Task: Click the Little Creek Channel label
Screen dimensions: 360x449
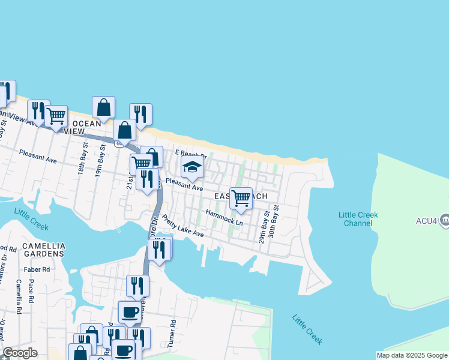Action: click(358, 219)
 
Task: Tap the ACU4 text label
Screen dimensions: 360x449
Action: click(424, 220)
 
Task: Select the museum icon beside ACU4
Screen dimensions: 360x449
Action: click(444, 220)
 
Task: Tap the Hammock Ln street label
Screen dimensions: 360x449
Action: click(224, 218)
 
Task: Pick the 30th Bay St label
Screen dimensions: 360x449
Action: click(274, 221)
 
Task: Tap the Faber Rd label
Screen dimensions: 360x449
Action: click(38, 269)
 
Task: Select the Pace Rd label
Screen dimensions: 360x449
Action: click(30, 296)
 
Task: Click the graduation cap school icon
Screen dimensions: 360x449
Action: click(193, 168)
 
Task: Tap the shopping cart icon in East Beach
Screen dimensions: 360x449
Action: click(241, 198)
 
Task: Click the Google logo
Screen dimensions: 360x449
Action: click(19, 353)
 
